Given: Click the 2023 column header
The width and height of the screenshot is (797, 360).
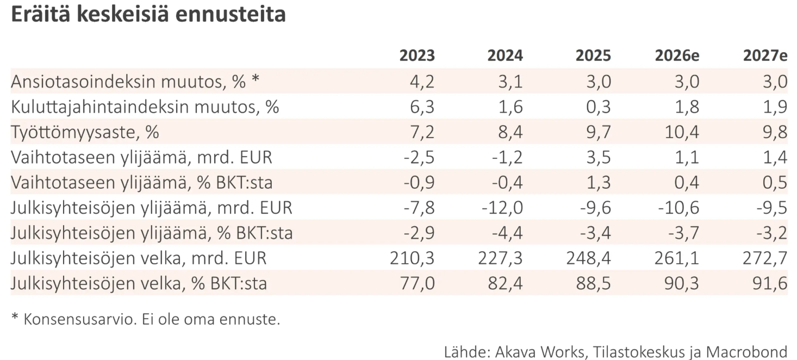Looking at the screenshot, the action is pyautogui.click(x=417, y=55).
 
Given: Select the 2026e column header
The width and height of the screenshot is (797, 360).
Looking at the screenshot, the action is pyautogui.click(x=677, y=55).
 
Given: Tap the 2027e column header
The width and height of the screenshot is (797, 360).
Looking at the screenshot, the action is pyautogui.click(x=765, y=55).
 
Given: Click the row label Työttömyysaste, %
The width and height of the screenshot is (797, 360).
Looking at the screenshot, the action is pyautogui.click(x=85, y=132).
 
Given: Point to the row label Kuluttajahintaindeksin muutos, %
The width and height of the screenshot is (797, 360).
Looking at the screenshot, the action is pyautogui.click(x=145, y=107).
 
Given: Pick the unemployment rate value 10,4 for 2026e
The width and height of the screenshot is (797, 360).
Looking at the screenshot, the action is pyautogui.click(x=682, y=132).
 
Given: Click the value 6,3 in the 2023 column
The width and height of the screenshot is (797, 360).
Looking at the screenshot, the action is pyautogui.click(x=422, y=107).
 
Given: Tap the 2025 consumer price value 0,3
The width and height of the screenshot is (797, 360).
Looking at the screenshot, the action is pyautogui.click(x=599, y=107).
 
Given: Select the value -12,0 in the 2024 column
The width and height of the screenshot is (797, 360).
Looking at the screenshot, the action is pyautogui.click(x=502, y=208).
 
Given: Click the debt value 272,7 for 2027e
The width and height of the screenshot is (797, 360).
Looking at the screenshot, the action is pyautogui.click(x=765, y=258).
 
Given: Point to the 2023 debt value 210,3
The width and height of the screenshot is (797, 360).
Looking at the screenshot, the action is pyautogui.click(x=412, y=258).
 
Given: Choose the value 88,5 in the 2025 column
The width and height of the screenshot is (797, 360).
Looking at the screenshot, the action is pyautogui.click(x=594, y=283).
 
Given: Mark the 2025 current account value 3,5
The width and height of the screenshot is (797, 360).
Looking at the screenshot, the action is pyautogui.click(x=599, y=157).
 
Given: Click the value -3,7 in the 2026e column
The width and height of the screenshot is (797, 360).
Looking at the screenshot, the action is pyautogui.click(x=684, y=233).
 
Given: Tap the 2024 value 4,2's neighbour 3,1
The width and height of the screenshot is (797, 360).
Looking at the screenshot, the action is pyautogui.click(x=510, y=82).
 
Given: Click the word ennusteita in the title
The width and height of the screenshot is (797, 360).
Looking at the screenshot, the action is pyautogui.click(x=231, y=15).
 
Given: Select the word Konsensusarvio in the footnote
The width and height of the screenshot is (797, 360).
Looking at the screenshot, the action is pyautogui.click(x=80, y=319).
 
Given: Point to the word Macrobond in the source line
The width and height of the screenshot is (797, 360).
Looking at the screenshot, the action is pyautogui.click(x=747, y=352).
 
